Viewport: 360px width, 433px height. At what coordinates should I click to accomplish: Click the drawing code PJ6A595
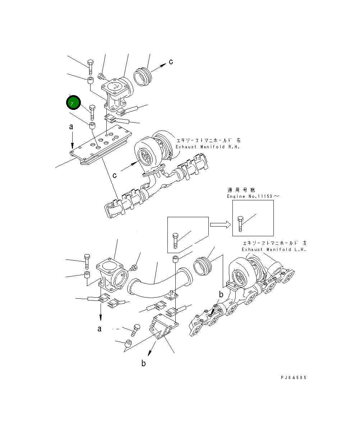294,378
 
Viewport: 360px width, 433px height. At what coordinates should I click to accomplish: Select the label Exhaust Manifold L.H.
274,249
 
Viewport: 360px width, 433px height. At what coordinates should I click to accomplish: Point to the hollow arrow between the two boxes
220,224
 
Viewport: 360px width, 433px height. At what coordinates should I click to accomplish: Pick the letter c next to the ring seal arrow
171,62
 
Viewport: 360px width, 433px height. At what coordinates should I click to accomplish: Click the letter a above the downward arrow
71,127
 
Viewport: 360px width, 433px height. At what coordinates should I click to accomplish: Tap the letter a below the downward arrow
100,329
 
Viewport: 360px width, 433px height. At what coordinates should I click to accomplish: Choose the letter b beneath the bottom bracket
143,363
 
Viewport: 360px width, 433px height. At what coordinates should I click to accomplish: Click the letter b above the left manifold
217,294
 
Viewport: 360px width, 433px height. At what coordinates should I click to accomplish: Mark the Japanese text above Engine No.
241,190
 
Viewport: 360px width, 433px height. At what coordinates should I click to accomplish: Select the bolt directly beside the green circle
92,112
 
